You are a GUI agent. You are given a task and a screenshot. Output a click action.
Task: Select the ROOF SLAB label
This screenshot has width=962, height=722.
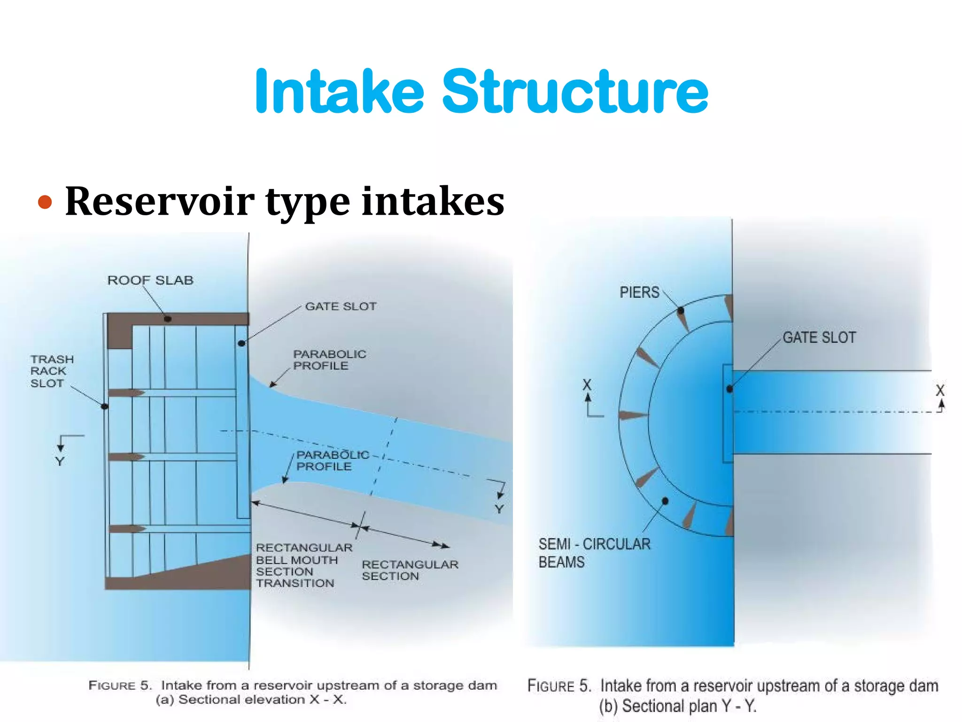pyautogui.click(x=150, y=281)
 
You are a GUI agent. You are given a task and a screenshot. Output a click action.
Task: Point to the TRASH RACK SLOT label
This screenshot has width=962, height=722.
pyautogui.click(x=52, y=371)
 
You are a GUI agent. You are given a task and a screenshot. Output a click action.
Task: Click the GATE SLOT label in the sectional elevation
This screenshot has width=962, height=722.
pyautogui.click(x=341, y=306)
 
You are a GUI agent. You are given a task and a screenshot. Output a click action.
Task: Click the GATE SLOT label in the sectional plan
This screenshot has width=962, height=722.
pyautogui.click(x=819, y=337)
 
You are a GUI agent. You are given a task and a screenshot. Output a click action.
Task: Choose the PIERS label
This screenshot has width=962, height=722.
pyautogui.click(x=639, y=292)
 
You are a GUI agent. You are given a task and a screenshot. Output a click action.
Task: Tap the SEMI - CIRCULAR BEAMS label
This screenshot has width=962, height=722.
pyautogui.click(x=594, y=553)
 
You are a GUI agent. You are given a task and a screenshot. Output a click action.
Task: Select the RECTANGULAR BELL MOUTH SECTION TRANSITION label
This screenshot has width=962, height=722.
pyautogui.click(x=303, y=565)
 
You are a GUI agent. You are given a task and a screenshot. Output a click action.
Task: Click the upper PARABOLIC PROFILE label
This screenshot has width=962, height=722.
pyautogui.click(x=329, y=360)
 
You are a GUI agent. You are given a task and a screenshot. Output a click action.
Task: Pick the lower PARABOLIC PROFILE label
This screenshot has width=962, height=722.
pyautogui.click(x=332, y=461)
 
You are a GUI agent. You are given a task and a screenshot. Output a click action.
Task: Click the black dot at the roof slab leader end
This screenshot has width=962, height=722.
pyautogui.click(x=168, y=319)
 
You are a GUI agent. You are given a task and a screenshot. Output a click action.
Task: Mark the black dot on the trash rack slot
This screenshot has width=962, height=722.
pyautogui.click(x=105, y=407)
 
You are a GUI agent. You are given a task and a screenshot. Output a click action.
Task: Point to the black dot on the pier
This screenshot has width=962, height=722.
pyautogui.click(x=681, y=311)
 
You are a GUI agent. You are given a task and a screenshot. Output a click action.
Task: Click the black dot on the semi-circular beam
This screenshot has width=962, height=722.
pyautogui.click(x=665, y=501)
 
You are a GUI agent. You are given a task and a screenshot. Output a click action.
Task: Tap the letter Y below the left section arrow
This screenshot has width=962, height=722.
pyautogui.click(x=60, y=462)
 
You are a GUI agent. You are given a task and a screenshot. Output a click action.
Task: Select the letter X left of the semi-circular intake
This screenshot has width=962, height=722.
pyautogui.click(x=587, y=385)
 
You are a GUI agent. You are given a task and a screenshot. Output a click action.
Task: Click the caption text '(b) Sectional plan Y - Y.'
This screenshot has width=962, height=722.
pyautogui.click(x=677, y=706)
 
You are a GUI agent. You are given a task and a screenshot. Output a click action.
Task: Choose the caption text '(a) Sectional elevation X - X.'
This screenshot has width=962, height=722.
pyautogui.click(x=251, y=700)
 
